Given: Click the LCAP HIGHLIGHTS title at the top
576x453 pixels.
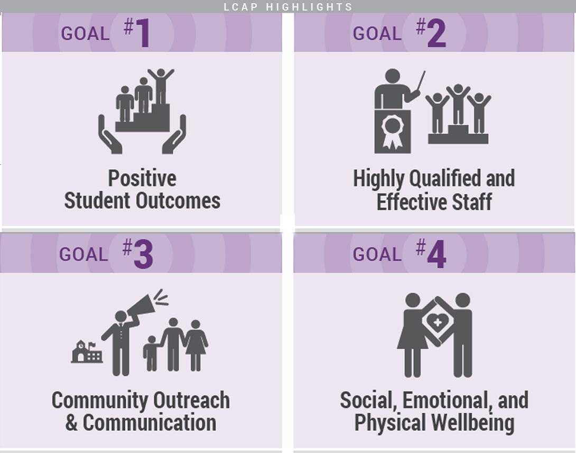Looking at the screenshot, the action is tap(288, 7).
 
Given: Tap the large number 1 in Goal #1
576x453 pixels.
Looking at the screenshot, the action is tap(143, 33).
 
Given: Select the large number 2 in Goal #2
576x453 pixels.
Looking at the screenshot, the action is tap(437, 33).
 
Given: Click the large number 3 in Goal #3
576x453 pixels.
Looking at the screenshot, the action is tap(143, 254).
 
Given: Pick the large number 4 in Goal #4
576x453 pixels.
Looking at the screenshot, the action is tap(437, 254).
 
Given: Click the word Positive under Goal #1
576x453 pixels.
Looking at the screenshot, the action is tap(142, 179).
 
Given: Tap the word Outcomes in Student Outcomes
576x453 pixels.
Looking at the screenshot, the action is tap(178, 201).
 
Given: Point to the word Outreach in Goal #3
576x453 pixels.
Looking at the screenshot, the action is tap(191, 400).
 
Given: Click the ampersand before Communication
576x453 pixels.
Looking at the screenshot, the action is tap(71, 422).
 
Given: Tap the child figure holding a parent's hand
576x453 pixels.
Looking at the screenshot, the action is tap(151, 353).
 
